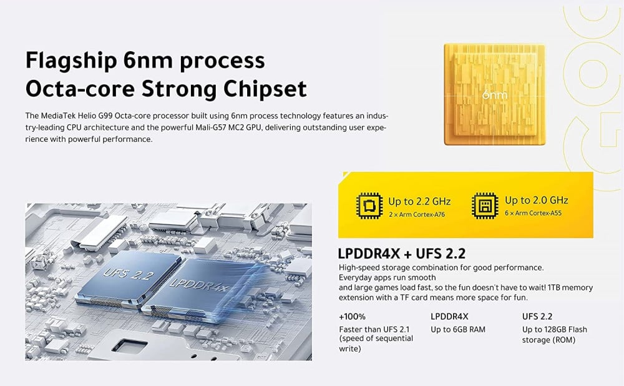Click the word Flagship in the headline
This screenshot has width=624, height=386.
click(71, 61)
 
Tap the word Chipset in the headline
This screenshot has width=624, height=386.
click(265, 89)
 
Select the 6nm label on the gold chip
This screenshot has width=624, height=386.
click(495, 95)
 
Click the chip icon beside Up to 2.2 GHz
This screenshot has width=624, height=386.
click(369, 206)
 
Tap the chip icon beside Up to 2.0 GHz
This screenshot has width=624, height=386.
click(485, 206)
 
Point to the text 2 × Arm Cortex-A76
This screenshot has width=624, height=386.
click(417, 214)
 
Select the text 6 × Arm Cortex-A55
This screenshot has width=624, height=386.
click(533, 213)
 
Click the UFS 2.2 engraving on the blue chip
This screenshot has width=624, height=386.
click(129, 274)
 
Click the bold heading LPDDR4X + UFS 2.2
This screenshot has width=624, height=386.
click(401, 254)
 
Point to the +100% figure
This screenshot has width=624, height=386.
click(352, 317)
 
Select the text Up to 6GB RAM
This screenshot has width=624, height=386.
click(458, 329)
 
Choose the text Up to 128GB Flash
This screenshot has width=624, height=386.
click(554, 329)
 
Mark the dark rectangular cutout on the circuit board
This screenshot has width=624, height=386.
click(130, 345)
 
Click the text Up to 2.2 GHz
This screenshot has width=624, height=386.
click(419, 202)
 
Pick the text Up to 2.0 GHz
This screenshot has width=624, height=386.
click(537, 200)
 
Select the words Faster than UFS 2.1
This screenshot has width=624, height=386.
click(374, 329)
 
